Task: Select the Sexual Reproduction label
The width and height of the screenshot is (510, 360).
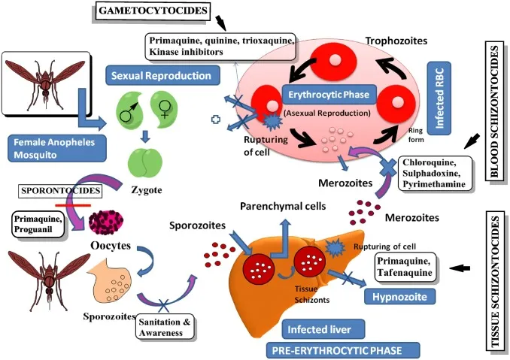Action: tap(160, 76)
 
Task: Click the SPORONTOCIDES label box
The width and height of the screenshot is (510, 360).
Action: tap(47, 191)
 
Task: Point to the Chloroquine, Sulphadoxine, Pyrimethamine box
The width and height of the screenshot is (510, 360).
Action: tap(433, 172)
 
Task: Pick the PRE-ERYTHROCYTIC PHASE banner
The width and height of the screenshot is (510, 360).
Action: tap(332, 349)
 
